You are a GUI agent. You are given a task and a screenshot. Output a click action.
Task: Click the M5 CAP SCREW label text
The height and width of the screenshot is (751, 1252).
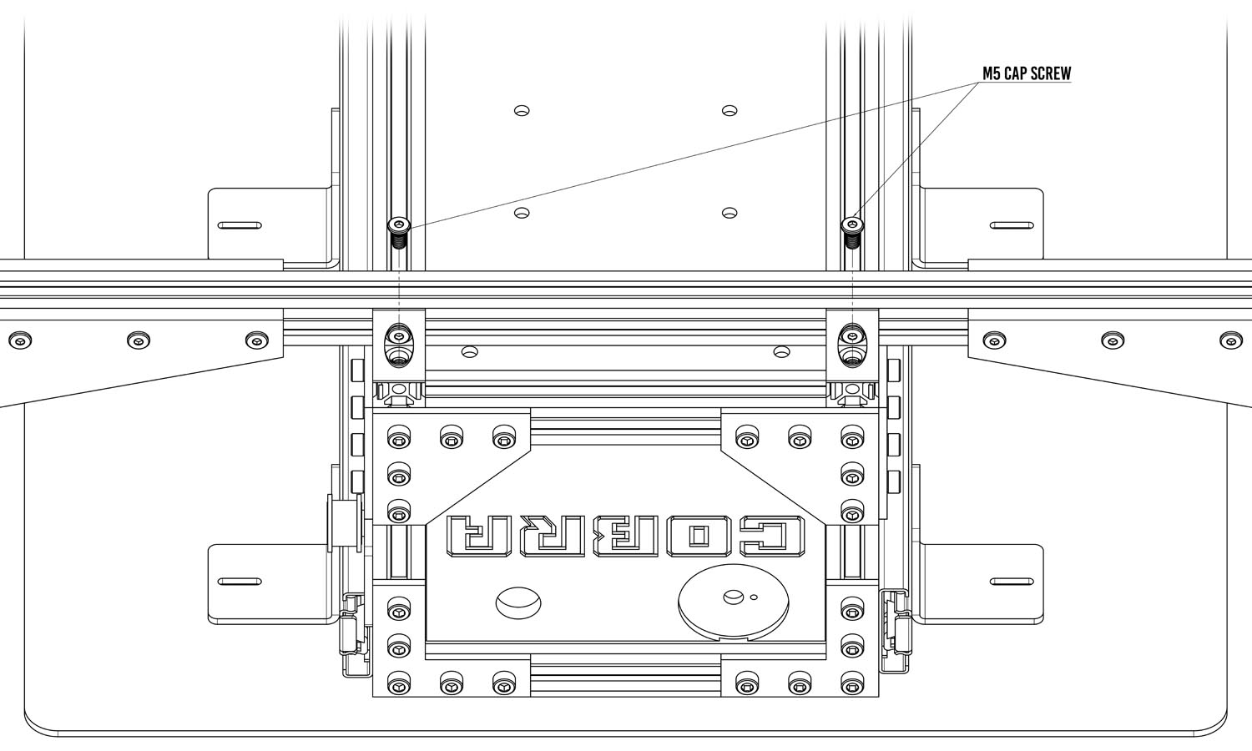tap(1027, 73)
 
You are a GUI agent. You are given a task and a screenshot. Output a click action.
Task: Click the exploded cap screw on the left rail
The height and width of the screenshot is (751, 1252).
tap(398, 232)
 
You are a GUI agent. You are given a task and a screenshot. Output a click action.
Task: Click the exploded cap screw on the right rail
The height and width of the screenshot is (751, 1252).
tap(852, 232)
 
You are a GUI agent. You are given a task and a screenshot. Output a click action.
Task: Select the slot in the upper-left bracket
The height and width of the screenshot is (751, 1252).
tap(240, 226)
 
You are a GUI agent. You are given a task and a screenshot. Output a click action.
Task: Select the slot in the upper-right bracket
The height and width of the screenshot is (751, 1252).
tap(1012, 226)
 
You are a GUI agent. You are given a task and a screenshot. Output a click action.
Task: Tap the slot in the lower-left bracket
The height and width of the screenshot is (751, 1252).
tap(240, 582)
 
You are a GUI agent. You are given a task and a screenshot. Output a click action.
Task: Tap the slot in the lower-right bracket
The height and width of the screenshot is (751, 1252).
tap(1012, 582)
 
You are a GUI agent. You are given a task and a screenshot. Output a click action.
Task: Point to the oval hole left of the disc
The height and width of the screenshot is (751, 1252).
tap(518, 602)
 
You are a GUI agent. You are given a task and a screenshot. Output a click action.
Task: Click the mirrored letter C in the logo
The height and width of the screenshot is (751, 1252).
tap(773, 537)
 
